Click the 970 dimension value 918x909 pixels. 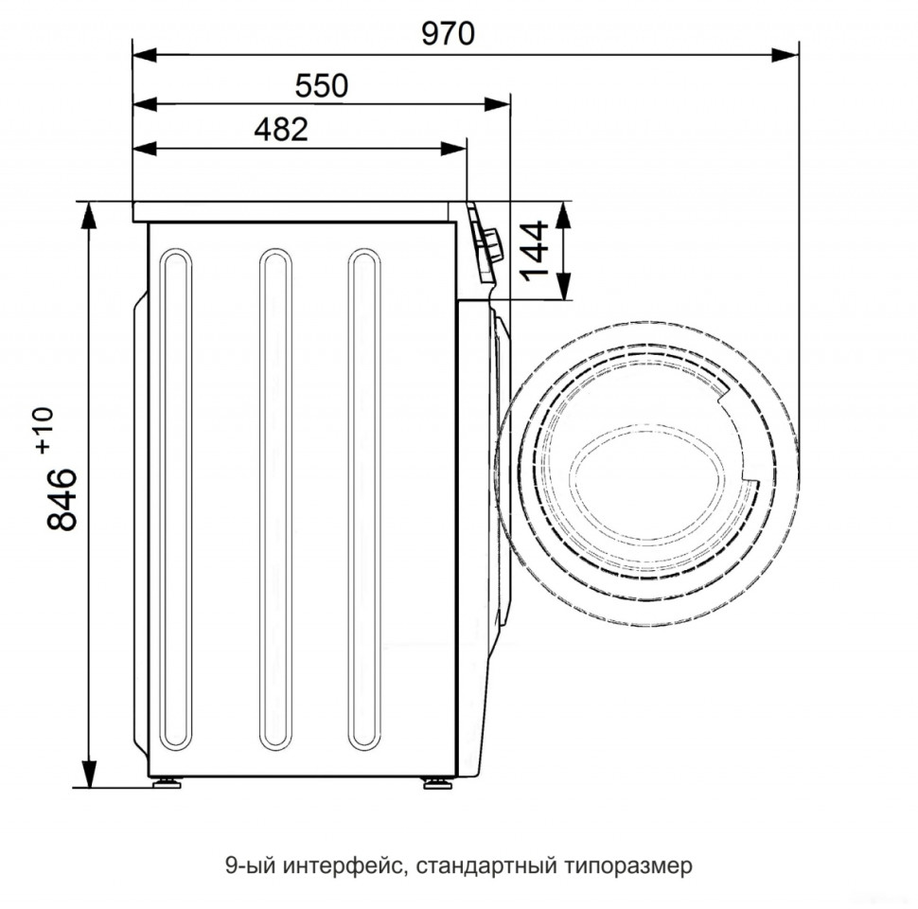tap(448, 33)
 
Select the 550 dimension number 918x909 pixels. tap(322, 85)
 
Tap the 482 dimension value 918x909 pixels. tap(281, 130)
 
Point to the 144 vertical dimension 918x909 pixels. tap(534, 251)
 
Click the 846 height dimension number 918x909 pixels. tap(62, 499)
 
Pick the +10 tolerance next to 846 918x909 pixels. tap(44, 431)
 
